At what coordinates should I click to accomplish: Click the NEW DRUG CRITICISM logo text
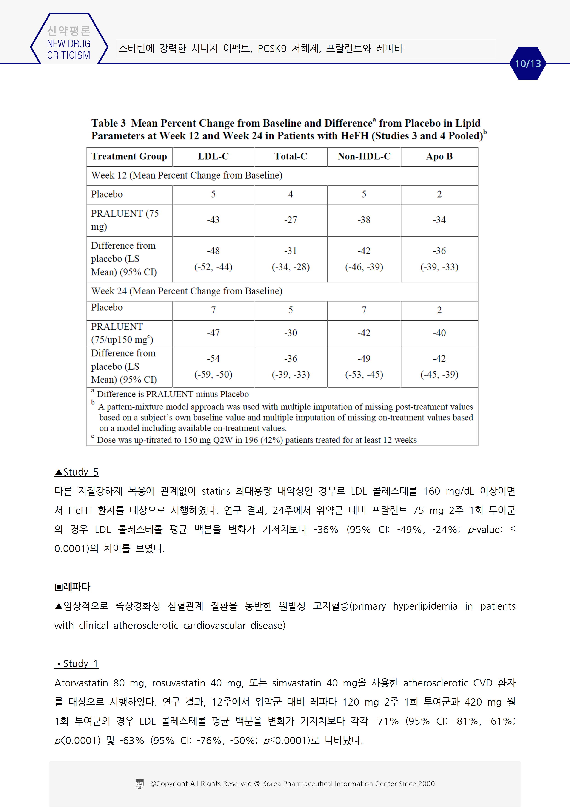point(68,49)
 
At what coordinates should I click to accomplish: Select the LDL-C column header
point(213,156)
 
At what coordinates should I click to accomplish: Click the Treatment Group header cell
point(129,156)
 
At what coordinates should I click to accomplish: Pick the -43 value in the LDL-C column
point(213,220)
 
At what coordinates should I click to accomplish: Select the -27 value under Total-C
point(291,220)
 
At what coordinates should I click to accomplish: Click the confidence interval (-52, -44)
point(213,267)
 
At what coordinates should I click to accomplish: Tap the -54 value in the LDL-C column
point(213,358)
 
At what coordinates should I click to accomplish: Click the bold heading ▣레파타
point(73,587)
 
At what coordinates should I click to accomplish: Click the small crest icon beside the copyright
point(140,784)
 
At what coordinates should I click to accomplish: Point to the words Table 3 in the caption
point(108,123)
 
